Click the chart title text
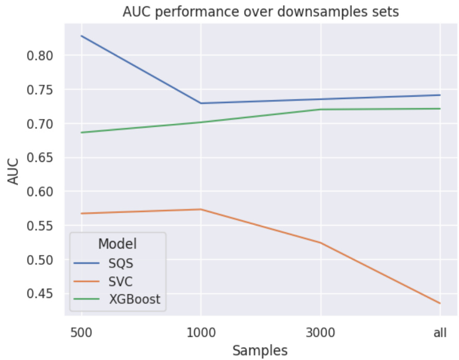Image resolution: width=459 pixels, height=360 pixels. point(261,12)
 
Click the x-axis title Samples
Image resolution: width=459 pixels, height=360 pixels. point(260,350)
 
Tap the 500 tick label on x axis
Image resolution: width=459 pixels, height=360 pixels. point(81,333)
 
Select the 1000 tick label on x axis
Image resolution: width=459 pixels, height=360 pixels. point(201,333)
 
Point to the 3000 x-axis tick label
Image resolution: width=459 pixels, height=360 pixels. point(320,333)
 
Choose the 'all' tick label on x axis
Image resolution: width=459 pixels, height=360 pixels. point(440,333)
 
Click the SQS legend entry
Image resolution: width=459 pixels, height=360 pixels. point(120,263)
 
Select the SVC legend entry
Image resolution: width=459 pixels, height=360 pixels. point(120,281)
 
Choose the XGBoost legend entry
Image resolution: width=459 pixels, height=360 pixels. point(134,299)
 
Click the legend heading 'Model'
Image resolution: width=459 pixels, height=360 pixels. point(117,243)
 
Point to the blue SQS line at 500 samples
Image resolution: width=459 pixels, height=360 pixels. point(81,36)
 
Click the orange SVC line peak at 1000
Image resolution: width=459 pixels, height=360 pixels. point(201,209)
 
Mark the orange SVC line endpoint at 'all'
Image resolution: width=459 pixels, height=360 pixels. point(440,303)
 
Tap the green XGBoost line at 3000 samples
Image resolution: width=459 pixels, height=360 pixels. point(320,109)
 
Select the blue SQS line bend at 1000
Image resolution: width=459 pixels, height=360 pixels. point(201,103)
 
